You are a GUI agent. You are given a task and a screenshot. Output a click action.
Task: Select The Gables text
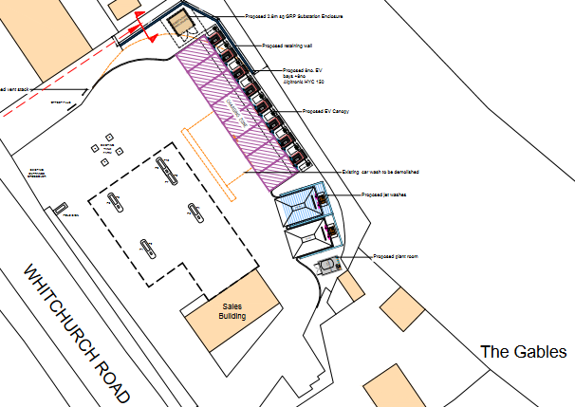coord(523,352)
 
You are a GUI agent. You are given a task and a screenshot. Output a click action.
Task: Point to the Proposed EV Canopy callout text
coord(325,112)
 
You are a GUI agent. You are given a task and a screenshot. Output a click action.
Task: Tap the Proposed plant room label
coord(398,256)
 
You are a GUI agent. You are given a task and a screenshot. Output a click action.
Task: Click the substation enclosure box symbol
coord(179,25)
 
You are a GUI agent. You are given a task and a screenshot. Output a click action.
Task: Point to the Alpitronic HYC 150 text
coord(302,82)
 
